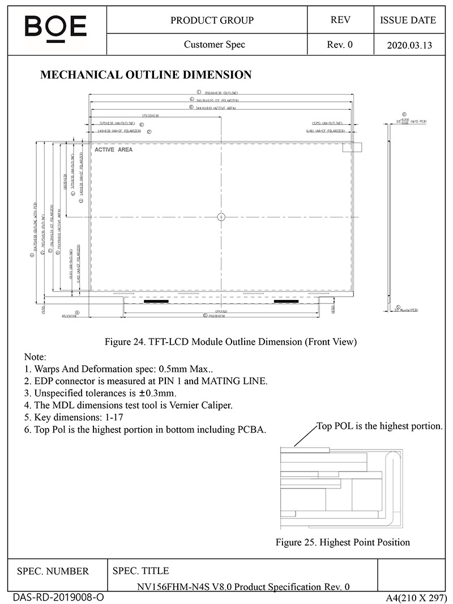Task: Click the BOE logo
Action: point(55,27)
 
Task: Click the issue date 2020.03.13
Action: point(408,45)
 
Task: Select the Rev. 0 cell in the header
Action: point(340,45)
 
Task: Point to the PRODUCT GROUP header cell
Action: point(212,20)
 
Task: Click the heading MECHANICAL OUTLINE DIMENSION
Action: point(146,75)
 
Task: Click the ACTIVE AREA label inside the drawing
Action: point(113,149)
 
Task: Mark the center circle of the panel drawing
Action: point(221,216)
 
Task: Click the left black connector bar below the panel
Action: point(156,302)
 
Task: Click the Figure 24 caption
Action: point(231,341)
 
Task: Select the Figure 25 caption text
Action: point(343,542)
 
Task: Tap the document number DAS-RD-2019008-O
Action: point(58,597)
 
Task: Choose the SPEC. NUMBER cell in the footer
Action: point(53,571)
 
